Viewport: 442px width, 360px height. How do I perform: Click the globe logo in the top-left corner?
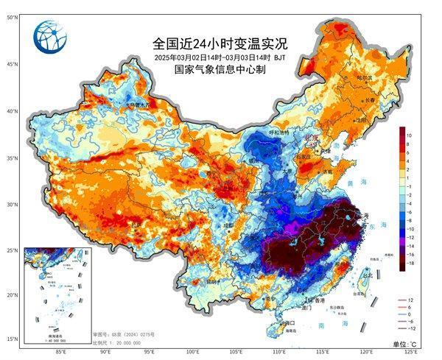[x=49, y=35]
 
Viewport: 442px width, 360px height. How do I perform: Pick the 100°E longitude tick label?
[x=193, y=352]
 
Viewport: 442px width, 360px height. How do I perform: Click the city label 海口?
[x=288, y=322]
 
